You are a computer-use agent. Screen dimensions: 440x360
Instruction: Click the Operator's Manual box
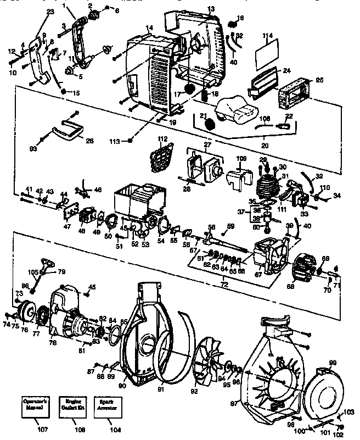pyautogui.click(x=35, y=406)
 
